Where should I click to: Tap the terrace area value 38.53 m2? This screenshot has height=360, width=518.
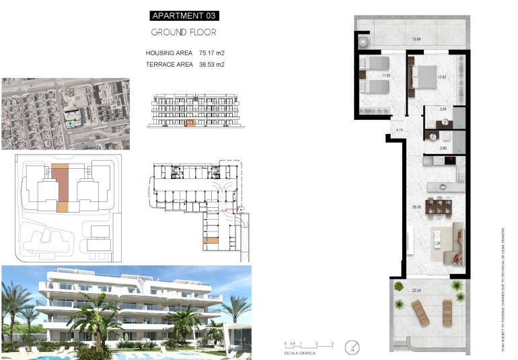pyautogui.click(x=211, y=65)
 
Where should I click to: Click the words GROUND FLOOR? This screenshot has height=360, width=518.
pyautogui.click(x=184, y=32)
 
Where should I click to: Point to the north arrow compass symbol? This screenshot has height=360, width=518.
pyautogui.click(x=351, y=348)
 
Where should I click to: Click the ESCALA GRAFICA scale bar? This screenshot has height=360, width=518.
pyautogui.click(x=309, y=345)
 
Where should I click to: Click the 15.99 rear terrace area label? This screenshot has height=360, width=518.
pyautogui.click(x=416, y=39)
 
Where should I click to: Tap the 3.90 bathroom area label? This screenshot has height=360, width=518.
pyautogui.click(x=443, y=147)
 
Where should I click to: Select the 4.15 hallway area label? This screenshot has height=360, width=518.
pyautogui.click(x=399, y=129)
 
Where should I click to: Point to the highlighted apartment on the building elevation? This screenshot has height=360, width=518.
pyautogui.click(x=190, y=123)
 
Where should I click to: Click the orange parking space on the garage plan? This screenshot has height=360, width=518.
pyautogui.click(x=212, y=241)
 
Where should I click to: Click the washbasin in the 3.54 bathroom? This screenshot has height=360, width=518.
pyautogui.click(x=444, y=122)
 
